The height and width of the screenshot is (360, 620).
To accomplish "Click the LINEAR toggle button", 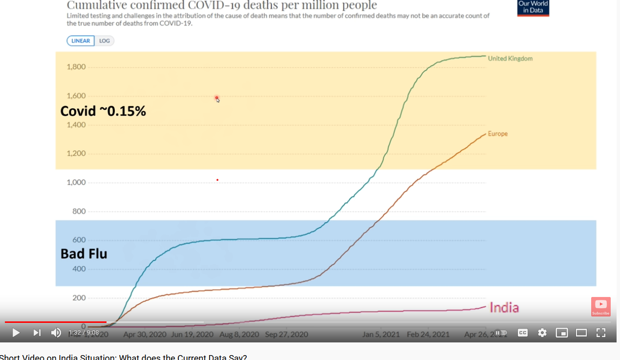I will pos(81,41).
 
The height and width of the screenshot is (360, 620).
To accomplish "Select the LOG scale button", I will pos(105,41).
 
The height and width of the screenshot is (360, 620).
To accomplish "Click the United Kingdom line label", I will pos(510,59).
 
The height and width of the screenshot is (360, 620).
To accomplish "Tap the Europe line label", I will pos(497,134).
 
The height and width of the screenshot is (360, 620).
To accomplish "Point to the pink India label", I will pos(504,308).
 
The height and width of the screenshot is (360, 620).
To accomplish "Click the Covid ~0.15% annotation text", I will pos(103,111).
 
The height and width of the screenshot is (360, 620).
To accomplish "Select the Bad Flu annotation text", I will pos(84,254).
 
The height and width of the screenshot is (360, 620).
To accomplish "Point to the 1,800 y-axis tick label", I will pos(76,67).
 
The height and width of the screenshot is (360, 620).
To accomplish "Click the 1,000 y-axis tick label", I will pos(76,183).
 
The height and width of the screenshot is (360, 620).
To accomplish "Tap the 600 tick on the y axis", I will pos(79,240).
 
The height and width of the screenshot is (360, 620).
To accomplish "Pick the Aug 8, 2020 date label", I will pos(239,335).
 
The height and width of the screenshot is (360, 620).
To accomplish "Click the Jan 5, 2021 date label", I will pos(381,335).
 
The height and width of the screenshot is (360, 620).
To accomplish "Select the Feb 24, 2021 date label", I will pos(428,335).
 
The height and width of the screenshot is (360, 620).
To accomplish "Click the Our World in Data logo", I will pos(533,7).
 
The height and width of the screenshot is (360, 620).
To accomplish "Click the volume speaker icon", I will pos(56,333).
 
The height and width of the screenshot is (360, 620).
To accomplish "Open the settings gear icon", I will pos(542,333).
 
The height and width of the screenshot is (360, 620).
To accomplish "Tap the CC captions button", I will pos(523,333).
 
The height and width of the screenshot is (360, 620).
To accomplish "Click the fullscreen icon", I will pos(601,333).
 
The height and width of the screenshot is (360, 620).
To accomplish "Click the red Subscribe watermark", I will pos(600,307).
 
